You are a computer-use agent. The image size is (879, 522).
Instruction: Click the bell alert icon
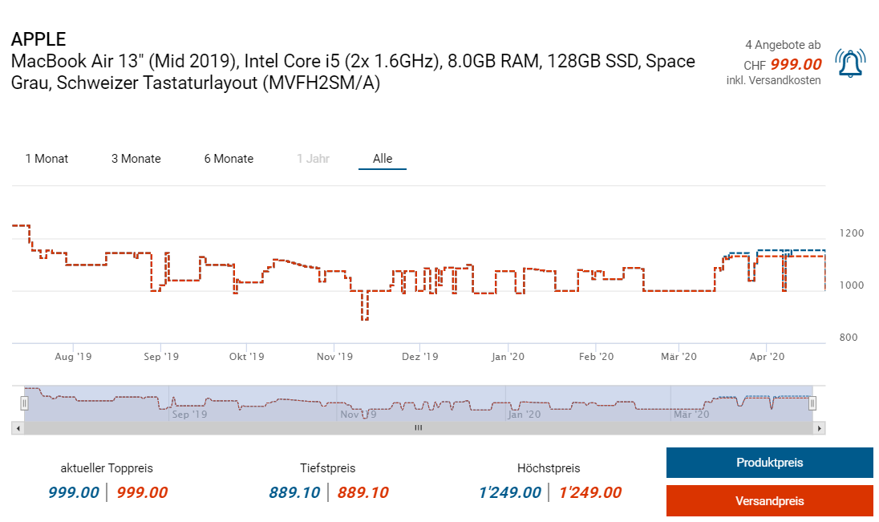pos(850,63)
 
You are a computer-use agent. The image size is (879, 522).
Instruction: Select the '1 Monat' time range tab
pos(47,159)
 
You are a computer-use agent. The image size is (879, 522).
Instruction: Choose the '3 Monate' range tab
pos(136,159)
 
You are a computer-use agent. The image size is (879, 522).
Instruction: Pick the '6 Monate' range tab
pos(229,159)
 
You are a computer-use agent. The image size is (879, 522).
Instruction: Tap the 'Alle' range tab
pos(383,159)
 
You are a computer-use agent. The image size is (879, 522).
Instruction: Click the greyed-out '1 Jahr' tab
pos(313,159)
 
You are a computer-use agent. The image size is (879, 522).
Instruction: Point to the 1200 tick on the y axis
pos(852,233)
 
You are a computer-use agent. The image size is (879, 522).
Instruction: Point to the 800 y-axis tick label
pos(849,338)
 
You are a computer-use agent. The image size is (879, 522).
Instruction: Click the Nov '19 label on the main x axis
pos(334,356)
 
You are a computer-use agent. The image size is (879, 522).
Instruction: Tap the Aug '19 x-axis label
pos(73,356)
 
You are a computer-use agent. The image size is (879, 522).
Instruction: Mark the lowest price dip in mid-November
pos(365,319)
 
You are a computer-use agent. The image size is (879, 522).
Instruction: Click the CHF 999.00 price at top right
pos(796,65)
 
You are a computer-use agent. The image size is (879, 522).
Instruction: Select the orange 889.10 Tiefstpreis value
pos(363,492)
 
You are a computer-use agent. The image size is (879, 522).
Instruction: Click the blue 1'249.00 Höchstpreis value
pos(510,492)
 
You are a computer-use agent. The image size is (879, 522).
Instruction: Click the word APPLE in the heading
pos(38,38)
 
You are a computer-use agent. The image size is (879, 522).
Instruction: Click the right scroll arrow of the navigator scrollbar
pos(819,429)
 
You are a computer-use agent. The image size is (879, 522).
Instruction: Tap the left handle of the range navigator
pos(24,403)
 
